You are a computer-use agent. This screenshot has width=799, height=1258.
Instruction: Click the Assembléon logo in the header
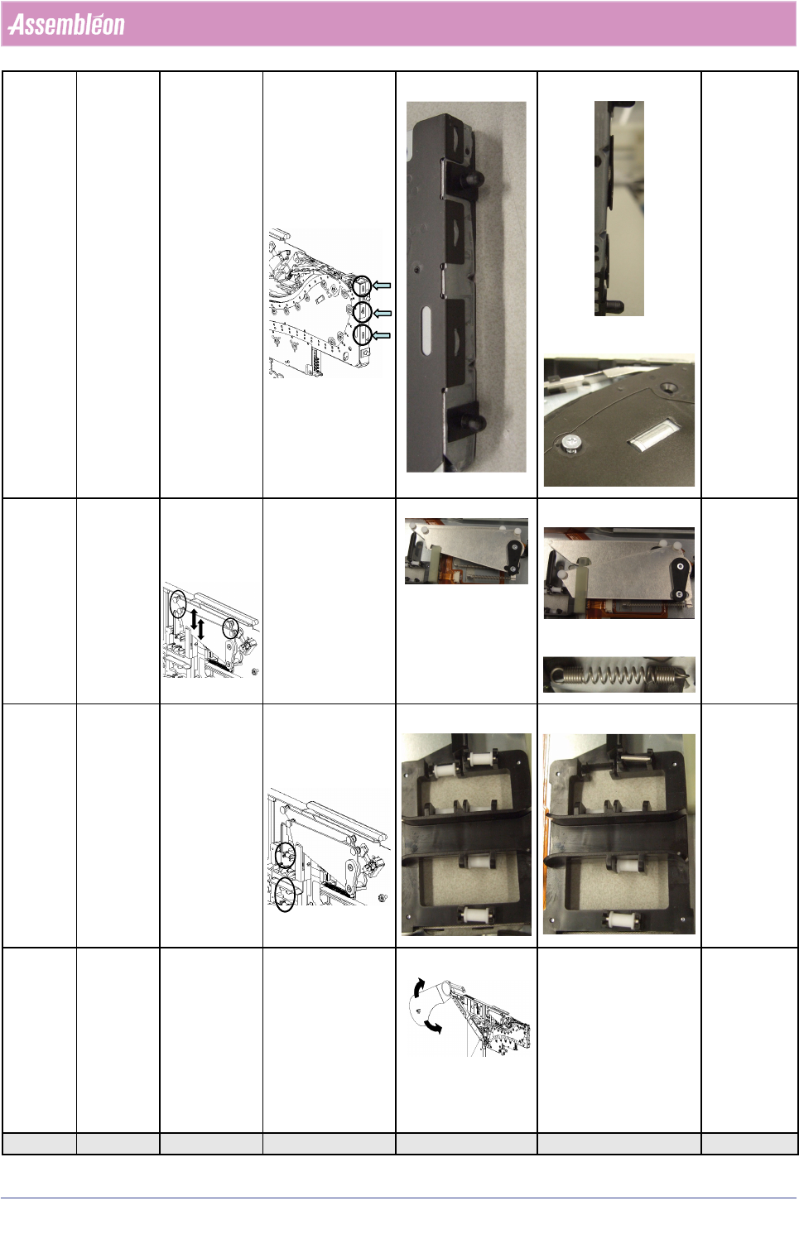(66, 25)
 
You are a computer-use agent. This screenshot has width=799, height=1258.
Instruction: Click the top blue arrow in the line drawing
(382, 286)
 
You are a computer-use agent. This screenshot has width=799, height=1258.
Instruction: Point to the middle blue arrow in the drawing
(382, 313)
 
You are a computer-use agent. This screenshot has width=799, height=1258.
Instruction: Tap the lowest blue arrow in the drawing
(381, 335)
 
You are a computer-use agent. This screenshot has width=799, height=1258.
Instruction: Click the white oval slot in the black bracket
(426, 331)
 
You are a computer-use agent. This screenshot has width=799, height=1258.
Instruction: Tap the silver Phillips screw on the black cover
(570, 443)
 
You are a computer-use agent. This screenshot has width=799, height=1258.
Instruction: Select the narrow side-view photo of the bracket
(619, 209)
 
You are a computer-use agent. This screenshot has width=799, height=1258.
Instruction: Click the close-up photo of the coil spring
(619, 675)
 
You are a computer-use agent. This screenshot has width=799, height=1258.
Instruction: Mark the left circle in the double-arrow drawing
(178, 604)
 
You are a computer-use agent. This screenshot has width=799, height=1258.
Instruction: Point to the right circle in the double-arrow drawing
(230, 628)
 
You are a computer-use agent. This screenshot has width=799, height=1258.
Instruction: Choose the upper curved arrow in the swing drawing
(417, 987)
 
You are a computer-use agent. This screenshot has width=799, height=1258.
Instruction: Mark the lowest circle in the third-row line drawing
(286, 895)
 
